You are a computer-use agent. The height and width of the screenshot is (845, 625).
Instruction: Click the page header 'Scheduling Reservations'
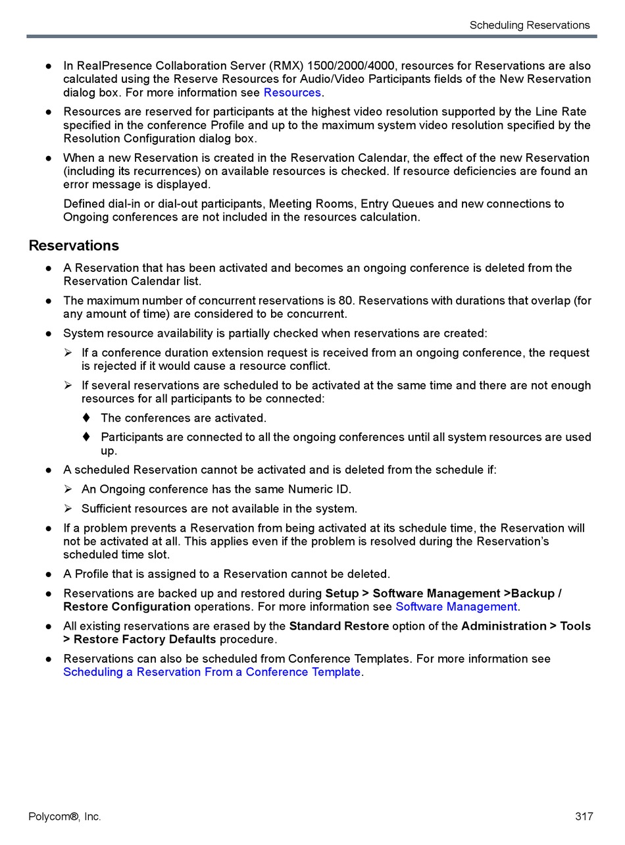(x=529, y=25)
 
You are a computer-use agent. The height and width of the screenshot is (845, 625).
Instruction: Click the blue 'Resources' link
(x=292, y=93)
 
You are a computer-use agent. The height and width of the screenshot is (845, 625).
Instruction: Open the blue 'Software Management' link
(x=456, y=607)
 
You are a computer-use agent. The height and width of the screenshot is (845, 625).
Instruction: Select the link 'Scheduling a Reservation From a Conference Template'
(x=212, y=672)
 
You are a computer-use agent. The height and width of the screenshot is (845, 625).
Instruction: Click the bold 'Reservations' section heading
(x=74, y=245)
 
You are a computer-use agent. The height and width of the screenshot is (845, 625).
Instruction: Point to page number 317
(x=584, y=817)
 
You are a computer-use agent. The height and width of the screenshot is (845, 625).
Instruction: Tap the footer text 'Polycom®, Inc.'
(x=64, y=817)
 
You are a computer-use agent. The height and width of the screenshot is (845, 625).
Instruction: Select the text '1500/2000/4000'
(x=355, y=66)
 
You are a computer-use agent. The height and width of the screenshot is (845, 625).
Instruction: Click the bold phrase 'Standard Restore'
(x=339, y=626)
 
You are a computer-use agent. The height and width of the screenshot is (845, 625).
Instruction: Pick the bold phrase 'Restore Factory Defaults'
(x=145, y=639)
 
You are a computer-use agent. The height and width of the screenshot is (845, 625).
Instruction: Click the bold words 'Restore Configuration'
(x=127, y=607)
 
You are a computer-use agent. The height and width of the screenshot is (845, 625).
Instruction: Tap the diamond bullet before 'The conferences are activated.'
(x=86, y=418)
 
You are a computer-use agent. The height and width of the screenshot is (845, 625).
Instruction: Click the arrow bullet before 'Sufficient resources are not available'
(x=68, y=509)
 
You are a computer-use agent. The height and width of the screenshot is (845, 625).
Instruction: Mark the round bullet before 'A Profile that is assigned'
(x=49, y=575)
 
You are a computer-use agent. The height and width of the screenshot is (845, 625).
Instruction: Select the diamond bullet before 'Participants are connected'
(x=86, y=437)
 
